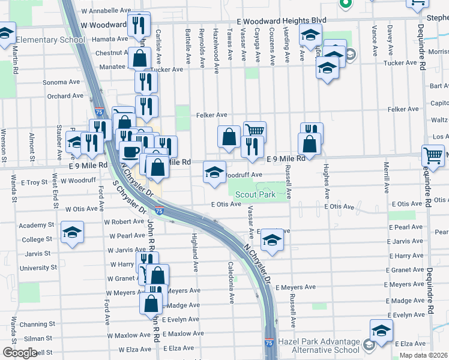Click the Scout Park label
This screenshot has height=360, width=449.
255,194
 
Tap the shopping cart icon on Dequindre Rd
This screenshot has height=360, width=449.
432,155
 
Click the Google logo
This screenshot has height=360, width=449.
19,353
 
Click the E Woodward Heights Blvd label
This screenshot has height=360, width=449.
282,20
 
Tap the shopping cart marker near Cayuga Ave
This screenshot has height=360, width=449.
255,130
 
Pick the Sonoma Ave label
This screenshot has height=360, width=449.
59,83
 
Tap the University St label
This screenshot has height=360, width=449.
38,268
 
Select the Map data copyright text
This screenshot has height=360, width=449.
423,355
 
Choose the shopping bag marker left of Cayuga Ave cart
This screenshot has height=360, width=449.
229,136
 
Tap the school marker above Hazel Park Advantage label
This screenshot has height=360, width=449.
381,331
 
